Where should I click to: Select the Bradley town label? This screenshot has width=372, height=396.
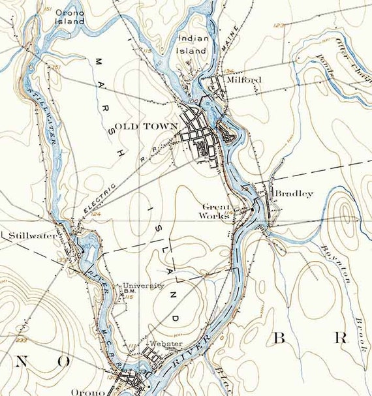click(x=294, y=194)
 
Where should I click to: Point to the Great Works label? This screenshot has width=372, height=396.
click(x=213, y=211)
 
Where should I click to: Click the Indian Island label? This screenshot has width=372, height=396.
click(x=193, y=44)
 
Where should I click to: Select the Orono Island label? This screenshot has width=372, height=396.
click(x=69, y=16)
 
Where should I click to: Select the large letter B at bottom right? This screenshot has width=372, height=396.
click(x=279, y=339)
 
